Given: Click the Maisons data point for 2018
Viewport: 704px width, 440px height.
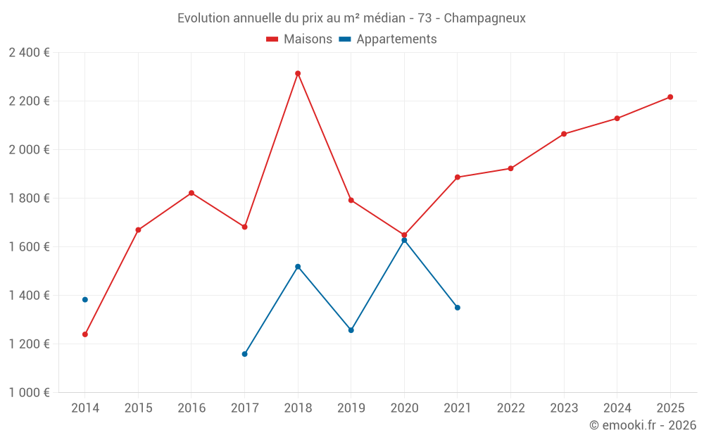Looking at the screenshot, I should (x=298, y=73).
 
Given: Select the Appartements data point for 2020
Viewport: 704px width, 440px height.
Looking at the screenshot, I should (x=404, y=241).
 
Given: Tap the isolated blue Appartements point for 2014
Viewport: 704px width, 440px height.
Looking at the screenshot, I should (x=85, y=300).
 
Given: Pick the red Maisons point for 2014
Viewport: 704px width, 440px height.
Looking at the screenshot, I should (x=85, y=334).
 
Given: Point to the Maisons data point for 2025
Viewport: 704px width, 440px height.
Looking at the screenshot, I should (x=670, y=97).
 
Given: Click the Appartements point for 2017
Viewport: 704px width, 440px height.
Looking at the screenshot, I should (x=245, y=354).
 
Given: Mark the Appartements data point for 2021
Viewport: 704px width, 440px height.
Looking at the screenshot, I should (x=458, y=308).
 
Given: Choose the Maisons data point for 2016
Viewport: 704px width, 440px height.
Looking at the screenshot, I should (x=191, y=193).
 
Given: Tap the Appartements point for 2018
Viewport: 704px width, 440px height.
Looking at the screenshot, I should (x=298, y=267).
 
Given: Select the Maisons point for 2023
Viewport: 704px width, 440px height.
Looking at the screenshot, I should (x=564, y=134).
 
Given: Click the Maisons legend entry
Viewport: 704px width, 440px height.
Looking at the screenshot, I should (x=299, y=39).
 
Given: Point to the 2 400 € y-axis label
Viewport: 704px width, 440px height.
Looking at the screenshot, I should (x=29, y=53).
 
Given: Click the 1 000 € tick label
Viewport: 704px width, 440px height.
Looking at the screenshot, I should (x=29, y=393).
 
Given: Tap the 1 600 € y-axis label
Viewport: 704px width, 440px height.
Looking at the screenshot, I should (x=29, y=247).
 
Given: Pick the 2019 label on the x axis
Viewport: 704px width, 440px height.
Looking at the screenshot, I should (x=351, y=408).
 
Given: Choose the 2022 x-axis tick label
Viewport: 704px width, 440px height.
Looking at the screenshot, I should (x=510, y=408).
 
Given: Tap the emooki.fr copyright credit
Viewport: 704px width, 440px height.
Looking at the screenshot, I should (x=643, y=425).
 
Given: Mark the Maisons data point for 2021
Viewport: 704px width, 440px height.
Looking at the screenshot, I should (x=458, y=177).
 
